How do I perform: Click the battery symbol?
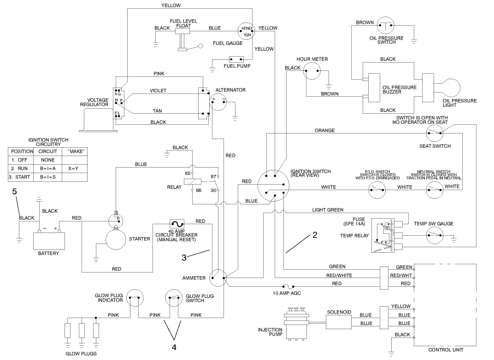(x=48, y=239)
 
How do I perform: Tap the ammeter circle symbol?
(x=218, y=278)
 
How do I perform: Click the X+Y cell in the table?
(x=73, y=168)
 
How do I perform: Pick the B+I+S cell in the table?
(x=48, y=177)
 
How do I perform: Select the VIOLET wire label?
(x=158, y=91)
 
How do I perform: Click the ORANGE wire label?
(x=324, y=130)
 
